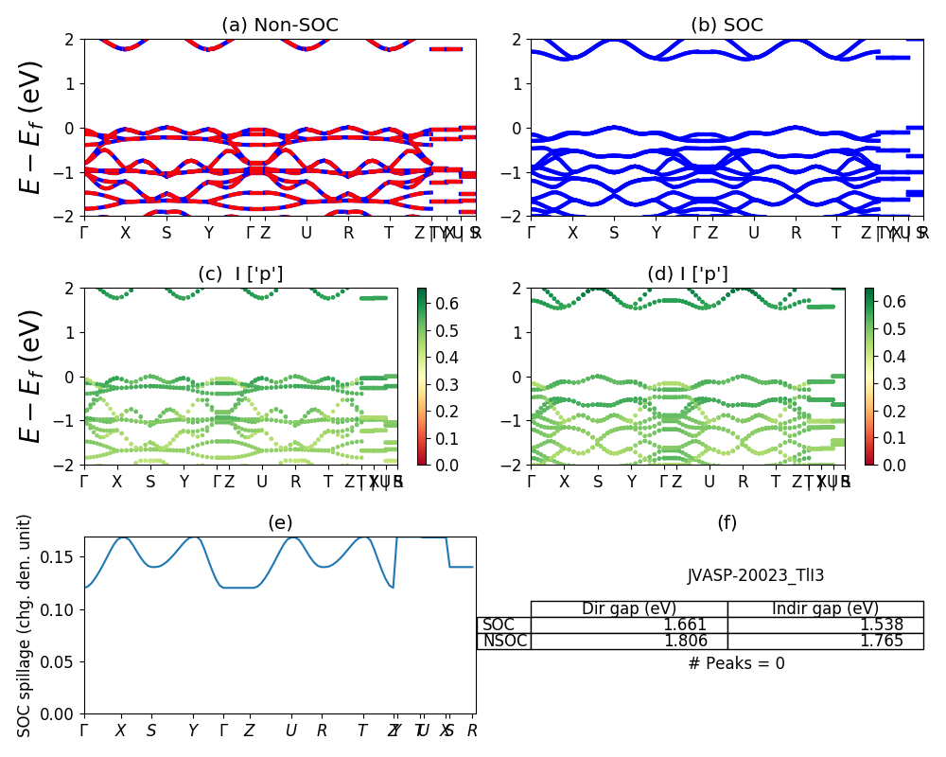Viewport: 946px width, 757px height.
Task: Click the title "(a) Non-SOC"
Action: pyautogui.click(x=280, y=26)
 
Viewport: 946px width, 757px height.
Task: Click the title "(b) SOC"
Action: pyautogui.click(x=727, y=26)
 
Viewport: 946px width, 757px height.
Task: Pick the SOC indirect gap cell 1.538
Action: pyautogui.click(x=882, y=625)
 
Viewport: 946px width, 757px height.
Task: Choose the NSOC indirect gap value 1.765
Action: pyautogui.click(x=882, y=641)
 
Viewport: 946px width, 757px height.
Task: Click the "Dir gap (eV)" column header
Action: pyautogui.click(x=629, y=608)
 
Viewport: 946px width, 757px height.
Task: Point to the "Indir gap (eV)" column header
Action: pyautogui.click(x=825, y=608)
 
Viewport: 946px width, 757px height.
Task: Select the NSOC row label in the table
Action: pyautogui.click(x=504, y=641)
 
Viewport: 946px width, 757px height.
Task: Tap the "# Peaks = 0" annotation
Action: pyautogui.click(x=736, y=663)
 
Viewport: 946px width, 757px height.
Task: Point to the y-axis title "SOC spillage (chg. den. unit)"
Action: pyautogui.click(x=26, y=625)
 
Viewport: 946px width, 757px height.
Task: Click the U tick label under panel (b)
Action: pyautogui.click(x=754, y=233)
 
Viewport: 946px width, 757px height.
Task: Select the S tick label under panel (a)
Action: pyautogui.click(x=166, y=233)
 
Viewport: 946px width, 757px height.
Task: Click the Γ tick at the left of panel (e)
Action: pyautogui.click(x=84, y=731)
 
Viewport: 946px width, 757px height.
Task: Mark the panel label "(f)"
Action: pyautogui.click(x=727, y=522)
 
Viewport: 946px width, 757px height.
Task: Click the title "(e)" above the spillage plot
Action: pyautogui.click(x=280, y=522)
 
